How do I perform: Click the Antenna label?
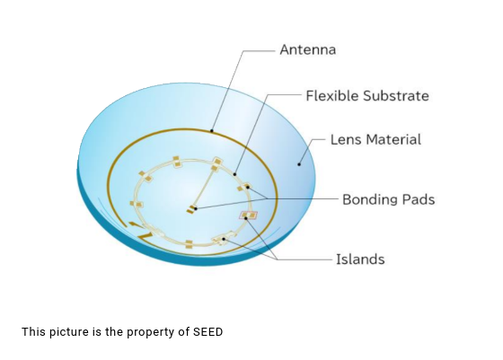[x=307, y=49]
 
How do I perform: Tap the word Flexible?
[x=332, y=95]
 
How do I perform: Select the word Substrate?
[x=396, y=95]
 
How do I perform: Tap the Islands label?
[x=360, y=259]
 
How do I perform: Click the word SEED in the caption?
[x=207, y=332]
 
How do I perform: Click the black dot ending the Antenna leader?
[x=211, y=130]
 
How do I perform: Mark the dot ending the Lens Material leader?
[x=299, y=164]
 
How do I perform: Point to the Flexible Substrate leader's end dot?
[x=234, y=174]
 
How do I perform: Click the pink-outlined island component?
[x=248, y=215]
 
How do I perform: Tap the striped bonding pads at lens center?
[x=191, y=209]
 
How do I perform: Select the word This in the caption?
[x=33, y=332]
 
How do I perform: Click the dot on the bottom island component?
[x=224, y=239]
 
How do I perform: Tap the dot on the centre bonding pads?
[x=196, y=208]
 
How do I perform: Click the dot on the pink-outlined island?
[x=246, y=218]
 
